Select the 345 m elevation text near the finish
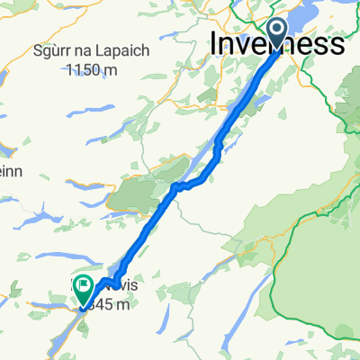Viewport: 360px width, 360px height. point(112,305)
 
